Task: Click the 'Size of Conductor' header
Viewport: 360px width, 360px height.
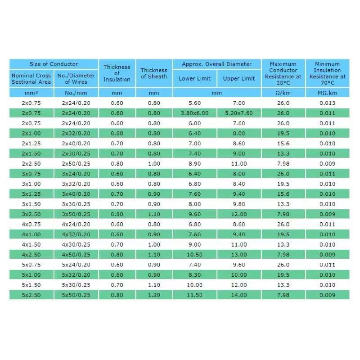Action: pyautogui.click(x=54, y=64)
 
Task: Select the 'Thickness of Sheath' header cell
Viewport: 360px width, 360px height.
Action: pyautogui.click(x=154, y=73)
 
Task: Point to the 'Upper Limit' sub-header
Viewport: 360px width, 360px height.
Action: pyautogui.click(x=239, y=79)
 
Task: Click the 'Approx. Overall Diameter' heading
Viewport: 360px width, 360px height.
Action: pyautogui.click(x=216, y=64)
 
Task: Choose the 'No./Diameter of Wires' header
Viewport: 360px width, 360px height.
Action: pyautogui.click(x=76, y=79)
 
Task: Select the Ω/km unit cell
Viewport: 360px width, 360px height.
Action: pyautogui.click(x=283, y=93)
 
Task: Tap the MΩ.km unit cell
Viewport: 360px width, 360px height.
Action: pyautogui.click(x=327, y=93)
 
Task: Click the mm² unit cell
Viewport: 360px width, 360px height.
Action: pyautogui.click(x=31, y=93)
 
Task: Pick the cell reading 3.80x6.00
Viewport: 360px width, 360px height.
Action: pyautogui.click(x=194, y=113)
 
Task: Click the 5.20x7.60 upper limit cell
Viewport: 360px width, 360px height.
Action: pyautogui.click(x=239, y=113)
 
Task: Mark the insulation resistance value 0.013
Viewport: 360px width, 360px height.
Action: pyautogui.click(x=327, y=103)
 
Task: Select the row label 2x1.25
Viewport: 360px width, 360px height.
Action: pyautogui.click(x=31, y=144)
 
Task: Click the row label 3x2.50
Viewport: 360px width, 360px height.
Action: pyautogui.click(x=31, y=214)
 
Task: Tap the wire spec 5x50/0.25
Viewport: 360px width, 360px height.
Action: pyautogui.click(x=76, y=295)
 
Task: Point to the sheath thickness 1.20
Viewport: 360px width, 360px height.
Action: pyautogui.click(x=154, y=295)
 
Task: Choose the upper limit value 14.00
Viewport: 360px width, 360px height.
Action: pyautogui.click(x=239, y=295)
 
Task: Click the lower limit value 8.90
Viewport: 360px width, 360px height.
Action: pyautogui.click(x=194, y=164)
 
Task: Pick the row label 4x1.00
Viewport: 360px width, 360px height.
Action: pyautogui.click(x=31, y=234)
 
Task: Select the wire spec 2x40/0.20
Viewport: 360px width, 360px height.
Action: pyautogui.click(x=76, y=144)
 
